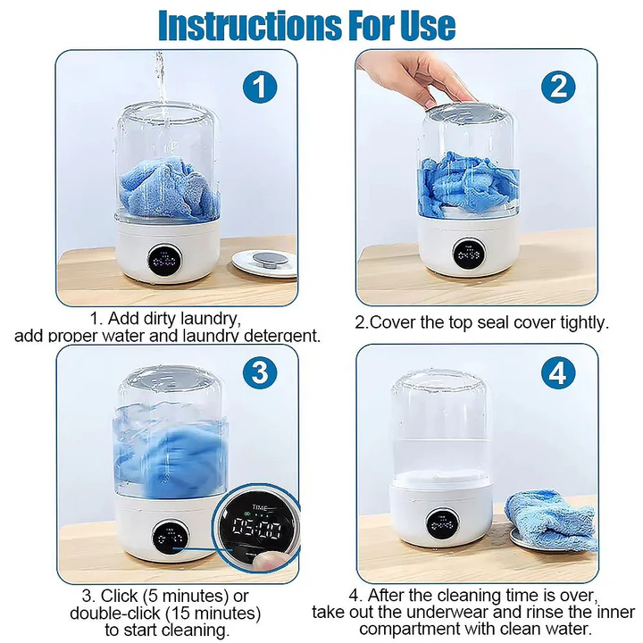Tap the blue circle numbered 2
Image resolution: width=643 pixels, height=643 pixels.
(x=558, y=87)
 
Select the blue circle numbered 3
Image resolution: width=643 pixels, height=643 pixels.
(x=259, y=373)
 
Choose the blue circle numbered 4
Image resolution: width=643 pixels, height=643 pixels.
(x=558, y=373)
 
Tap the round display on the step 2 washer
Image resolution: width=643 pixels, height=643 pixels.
(x=469, y=255)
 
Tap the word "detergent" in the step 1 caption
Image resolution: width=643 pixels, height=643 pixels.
(x=281, y=336)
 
